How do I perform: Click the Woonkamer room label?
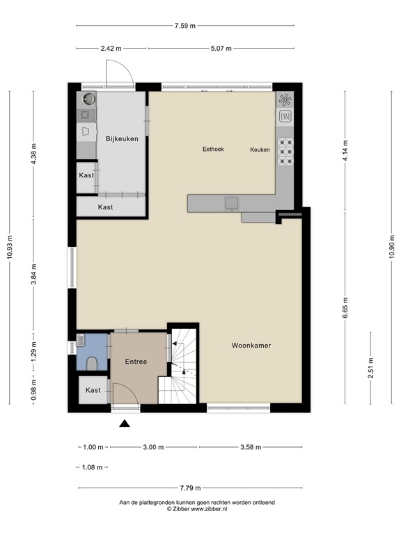251,345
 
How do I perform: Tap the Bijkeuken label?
122,139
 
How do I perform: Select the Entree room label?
136,362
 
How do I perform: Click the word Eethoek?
213,149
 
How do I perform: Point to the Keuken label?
260,149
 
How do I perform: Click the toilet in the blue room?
93,362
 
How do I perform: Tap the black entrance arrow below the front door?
125,423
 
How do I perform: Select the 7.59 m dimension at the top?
185,26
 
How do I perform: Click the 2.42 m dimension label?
111,49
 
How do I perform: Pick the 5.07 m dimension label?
221,49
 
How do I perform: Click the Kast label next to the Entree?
93,391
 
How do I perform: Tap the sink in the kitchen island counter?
230,202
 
